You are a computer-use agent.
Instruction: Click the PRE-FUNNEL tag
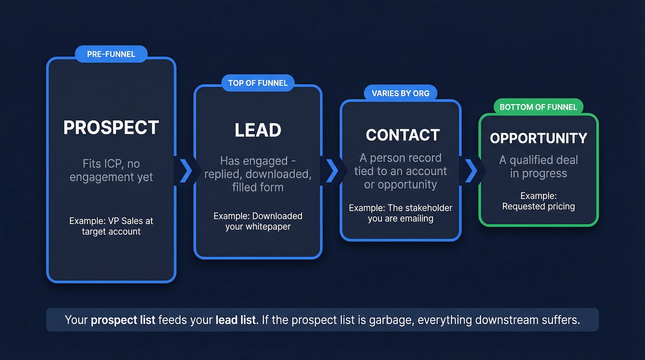click(111, 54)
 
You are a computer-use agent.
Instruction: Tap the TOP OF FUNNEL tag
click(258, 83)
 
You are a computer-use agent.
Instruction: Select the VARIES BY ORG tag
click(400, 93)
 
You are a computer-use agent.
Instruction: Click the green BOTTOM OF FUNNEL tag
click(538, 107)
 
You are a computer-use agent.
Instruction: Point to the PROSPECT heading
click(111, 128)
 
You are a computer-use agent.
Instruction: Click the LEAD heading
click(258, 130)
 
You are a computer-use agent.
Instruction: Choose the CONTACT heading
click(403, 135)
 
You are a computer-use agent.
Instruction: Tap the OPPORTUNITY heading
click(538, 138)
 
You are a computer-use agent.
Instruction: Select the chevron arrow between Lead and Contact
click(331, 171)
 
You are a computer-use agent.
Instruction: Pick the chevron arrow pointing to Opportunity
click(471, 171)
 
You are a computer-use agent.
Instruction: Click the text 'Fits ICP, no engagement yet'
click(111, 171)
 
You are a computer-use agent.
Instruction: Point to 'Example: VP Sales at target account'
click(111, 226)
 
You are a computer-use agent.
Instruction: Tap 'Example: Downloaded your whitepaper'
click(258, 221)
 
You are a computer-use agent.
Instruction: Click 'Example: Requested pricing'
click(538, 201)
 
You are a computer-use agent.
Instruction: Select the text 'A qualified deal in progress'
click(538, 167)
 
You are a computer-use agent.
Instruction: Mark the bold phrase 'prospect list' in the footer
click(123, 320)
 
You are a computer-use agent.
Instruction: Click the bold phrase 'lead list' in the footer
click(235, 320)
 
